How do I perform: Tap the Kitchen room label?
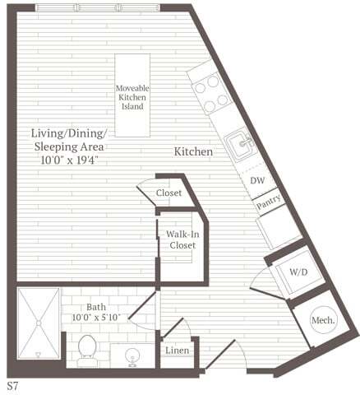point(193,152)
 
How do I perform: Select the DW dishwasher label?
point(256,179)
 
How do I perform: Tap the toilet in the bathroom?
point(87,353)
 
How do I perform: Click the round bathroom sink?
point(132,355)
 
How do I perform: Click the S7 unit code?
point(13,385)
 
